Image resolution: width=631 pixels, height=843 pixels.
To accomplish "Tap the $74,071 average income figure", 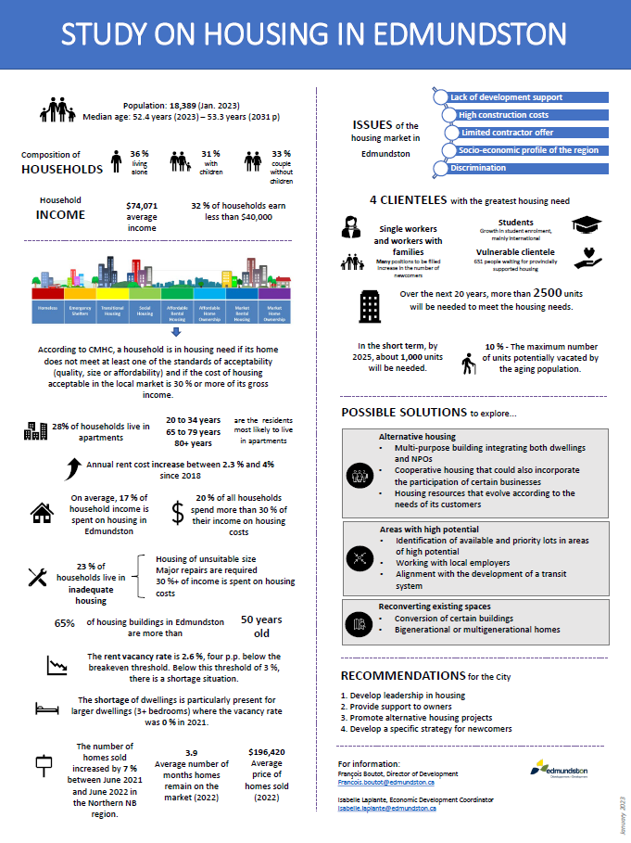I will click(x=142, y=206).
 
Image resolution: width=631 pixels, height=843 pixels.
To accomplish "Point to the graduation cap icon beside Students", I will click(x=586, y=225).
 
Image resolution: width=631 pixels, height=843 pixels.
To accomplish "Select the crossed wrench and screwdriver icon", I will click(x=39, y=576).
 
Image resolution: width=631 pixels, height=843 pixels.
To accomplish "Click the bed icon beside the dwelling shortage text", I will click(x=46, y=709).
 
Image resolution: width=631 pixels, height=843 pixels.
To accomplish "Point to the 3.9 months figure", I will click(x=191, y=753).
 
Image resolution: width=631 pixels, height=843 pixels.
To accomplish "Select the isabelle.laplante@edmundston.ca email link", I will click(x=387, y=809).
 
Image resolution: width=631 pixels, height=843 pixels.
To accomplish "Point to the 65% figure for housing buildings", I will click(x=64, y=623).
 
